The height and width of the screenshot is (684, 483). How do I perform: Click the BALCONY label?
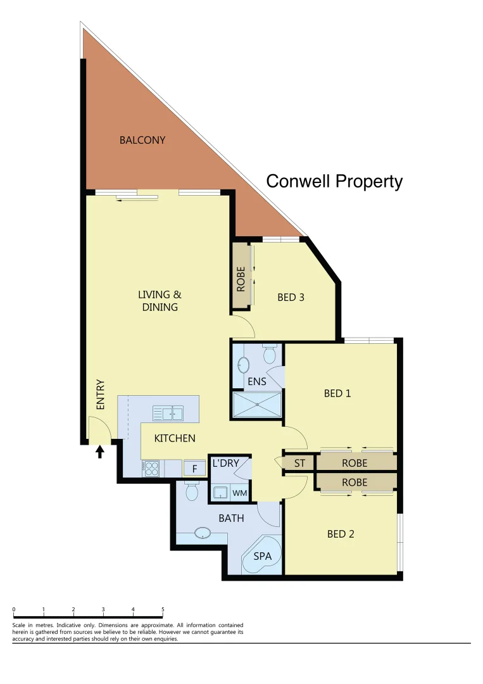[x=142, y=140]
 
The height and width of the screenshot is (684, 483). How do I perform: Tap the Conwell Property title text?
[x=334, y=182]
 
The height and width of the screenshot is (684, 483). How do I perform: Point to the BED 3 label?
[x=291, y=296]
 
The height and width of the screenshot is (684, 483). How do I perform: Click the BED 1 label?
[x=337, y=393]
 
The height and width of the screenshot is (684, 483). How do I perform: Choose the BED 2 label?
[x=341, y=534]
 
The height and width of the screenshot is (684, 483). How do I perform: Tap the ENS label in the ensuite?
[x=256, y=382]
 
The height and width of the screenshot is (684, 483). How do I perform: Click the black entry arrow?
[x=99, y=451]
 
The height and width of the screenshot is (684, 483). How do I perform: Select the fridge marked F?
[x=194, y=469]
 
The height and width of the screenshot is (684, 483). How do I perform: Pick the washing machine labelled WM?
[x=239, y=492]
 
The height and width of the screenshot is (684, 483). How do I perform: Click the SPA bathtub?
[x=262, y=555]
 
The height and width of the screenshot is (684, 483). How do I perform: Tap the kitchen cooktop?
[x=152, y=468]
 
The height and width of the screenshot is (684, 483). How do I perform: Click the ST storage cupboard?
[x=299, y=463]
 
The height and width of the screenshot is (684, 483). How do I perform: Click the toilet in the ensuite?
[x=269, y=354]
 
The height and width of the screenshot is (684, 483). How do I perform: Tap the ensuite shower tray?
[x=257, y=405]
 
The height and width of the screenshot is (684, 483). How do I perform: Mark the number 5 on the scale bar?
[x=163, y=609]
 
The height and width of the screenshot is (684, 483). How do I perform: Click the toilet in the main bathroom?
[x=191, y=491]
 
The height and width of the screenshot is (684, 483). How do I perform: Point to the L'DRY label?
[x=226, y=463]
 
